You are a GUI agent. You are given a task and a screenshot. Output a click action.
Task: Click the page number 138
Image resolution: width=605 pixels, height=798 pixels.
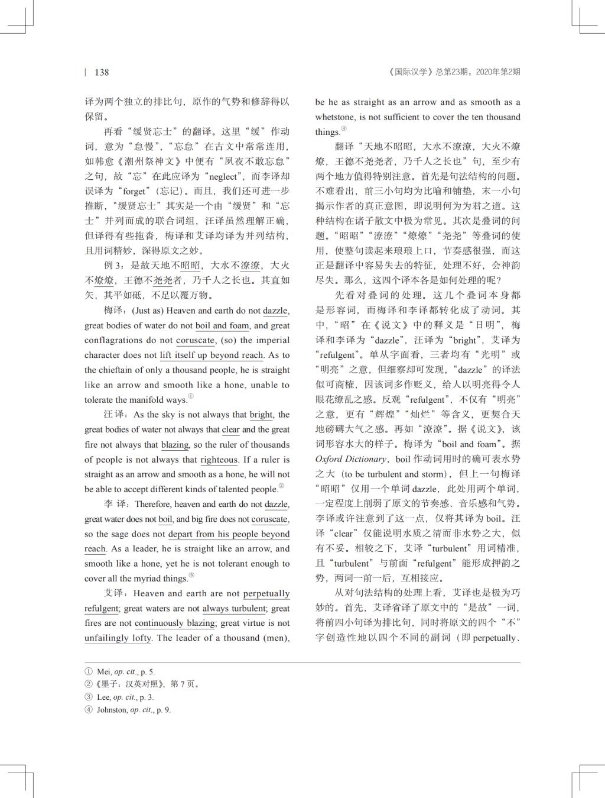tap(102, 72)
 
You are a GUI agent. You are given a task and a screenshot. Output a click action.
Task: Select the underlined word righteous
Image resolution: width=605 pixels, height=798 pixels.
tap(219, 460)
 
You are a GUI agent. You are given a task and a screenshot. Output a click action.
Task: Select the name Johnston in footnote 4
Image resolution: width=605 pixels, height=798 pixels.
tap(112, 710)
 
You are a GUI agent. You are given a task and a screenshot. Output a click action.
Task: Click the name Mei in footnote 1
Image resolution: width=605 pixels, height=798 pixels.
tap(103, 672)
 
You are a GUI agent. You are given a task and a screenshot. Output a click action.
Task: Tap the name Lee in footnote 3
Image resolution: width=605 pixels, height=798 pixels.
tap(103, 697)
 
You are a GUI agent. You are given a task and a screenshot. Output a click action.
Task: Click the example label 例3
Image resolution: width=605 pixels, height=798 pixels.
tap(115, 266)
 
